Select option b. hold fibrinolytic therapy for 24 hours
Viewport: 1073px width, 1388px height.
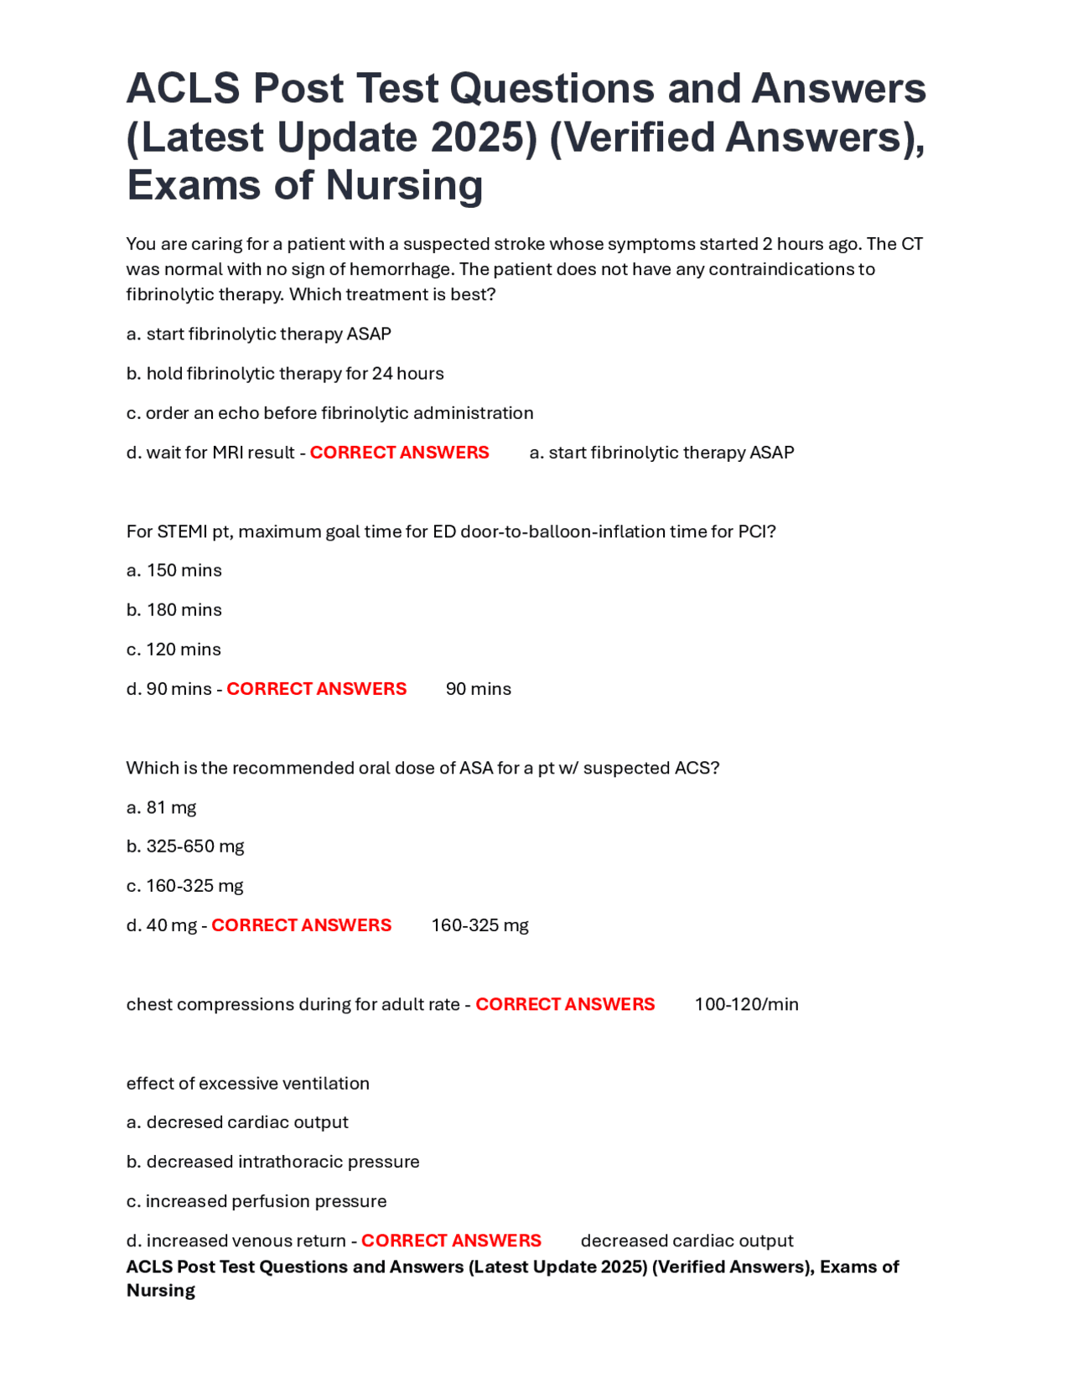[285, 374]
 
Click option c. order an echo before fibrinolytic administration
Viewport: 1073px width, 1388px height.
[329, 413]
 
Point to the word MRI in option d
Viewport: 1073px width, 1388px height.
[227, 453]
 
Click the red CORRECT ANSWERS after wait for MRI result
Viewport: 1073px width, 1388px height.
[399, 453]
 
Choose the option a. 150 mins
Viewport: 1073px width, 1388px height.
[174, 571]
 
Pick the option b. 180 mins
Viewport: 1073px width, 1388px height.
[174, 610]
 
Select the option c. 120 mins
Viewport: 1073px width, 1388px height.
[174, 650]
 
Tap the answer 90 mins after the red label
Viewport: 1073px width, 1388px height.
[478, 689]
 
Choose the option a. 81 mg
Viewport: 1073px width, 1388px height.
[161, 808]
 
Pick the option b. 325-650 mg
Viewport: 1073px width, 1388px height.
[185, 847]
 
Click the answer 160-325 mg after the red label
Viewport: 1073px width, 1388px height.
[479, 925]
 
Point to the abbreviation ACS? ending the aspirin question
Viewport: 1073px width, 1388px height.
[697, 769]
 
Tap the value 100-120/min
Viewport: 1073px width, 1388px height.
[746, 1004]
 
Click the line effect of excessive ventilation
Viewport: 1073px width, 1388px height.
[247, 1084]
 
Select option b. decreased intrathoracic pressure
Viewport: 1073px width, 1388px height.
[272, 1162]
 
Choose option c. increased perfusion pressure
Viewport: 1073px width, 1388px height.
[257, 1201]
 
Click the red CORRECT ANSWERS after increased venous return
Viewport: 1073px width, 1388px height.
[451, 1240]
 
